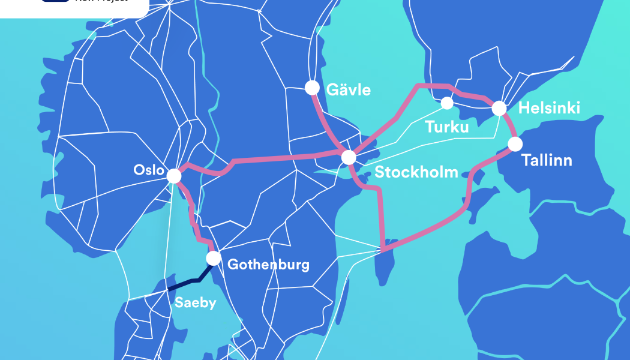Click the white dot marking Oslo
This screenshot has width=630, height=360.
pyautogui.click(x=173, y=176)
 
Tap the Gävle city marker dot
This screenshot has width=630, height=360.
pyautogui.click(x=312, y=88)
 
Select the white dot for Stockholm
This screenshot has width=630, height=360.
pyautogui.click(x=349, y=158)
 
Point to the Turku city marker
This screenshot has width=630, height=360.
pyautogui.click(x=447, y=103)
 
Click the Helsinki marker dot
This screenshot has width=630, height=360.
pyautogui.click(x=499, y=109)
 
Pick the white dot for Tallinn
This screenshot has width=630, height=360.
pyautogui.click(x=515, y=144)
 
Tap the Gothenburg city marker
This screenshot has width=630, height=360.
pyautogui.click(x=213, y=259)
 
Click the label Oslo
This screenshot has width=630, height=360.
pyautogui.click(x=148, y=170)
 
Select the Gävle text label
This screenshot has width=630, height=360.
pyautogui.click(x=348, y=91)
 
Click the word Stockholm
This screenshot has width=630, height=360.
pyautogui.click(x=416, y=173)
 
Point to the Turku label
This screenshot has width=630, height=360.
pyautogui.click(x=447, y=127)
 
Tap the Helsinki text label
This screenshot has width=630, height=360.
pyautogui.click(x=549, y=109)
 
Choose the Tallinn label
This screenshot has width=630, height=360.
pyautogui.click(x=547, y=161)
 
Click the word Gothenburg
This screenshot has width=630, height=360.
pyautogui.click(x=268, y=265)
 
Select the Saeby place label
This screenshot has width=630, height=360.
pyautogui.click(x=194, y=303)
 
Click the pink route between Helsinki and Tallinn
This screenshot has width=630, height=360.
pyautogui.click(x=510, y=126)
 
